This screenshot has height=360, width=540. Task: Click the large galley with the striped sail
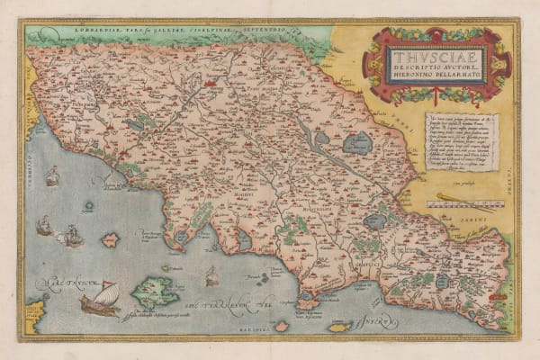[x=100, y=301]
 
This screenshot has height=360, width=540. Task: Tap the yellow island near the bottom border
[x=339, y=327]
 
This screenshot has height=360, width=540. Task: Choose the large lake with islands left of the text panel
[x=357, y=143]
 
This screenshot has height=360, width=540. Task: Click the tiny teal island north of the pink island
[x=89, y=206]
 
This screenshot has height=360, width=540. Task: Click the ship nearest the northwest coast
[x=51, y=176]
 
